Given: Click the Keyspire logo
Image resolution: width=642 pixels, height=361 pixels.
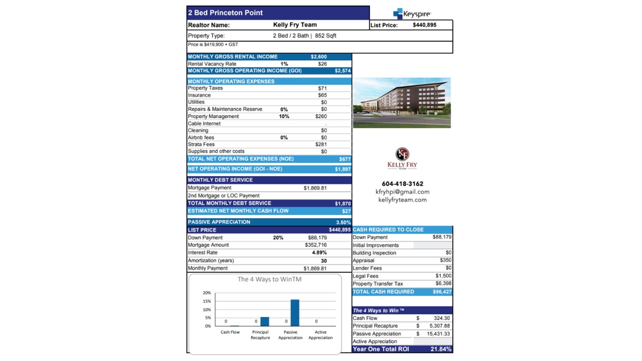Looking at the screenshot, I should [x=412, y=14].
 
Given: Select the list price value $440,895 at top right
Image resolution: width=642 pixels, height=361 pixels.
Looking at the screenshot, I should [x=424, y=25].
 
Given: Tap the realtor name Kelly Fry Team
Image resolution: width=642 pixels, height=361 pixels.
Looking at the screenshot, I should [x=295, y=25].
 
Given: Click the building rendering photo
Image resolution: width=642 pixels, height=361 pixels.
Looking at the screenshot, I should [x=402, y=102].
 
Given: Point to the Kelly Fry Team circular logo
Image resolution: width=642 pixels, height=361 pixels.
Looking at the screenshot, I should [x=402, y=154].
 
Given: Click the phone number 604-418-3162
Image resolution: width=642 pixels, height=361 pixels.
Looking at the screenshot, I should [x=402, y=184].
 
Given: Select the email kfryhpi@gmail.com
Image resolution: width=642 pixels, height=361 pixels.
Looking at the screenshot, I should [x=402, y=192].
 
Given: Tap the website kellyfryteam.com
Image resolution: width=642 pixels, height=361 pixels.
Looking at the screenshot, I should [x=402, y=200].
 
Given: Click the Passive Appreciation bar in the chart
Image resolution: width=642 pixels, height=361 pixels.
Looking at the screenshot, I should [x=295, y=312].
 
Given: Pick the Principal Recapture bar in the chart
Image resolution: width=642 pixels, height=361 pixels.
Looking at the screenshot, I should [x=265, y=321].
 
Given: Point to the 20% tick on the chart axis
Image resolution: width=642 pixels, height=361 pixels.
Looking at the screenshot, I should [x=207, y=292].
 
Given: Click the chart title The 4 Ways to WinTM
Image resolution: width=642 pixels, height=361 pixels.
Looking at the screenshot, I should [x=269, y=279].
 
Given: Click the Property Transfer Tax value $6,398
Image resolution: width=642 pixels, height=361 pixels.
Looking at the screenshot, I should [x=443, y=284].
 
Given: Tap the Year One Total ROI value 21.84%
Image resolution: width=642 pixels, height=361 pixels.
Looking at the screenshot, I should [x=441, y=349].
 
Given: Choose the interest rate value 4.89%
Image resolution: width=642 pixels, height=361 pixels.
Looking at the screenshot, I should [x=319, y=253].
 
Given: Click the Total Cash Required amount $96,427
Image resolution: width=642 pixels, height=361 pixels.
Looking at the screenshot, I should [x=442, y=291].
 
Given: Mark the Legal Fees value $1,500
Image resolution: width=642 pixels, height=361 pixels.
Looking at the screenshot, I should [x=443, y=276].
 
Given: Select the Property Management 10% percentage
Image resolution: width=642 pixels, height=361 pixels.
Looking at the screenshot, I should [x=284, y=116].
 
